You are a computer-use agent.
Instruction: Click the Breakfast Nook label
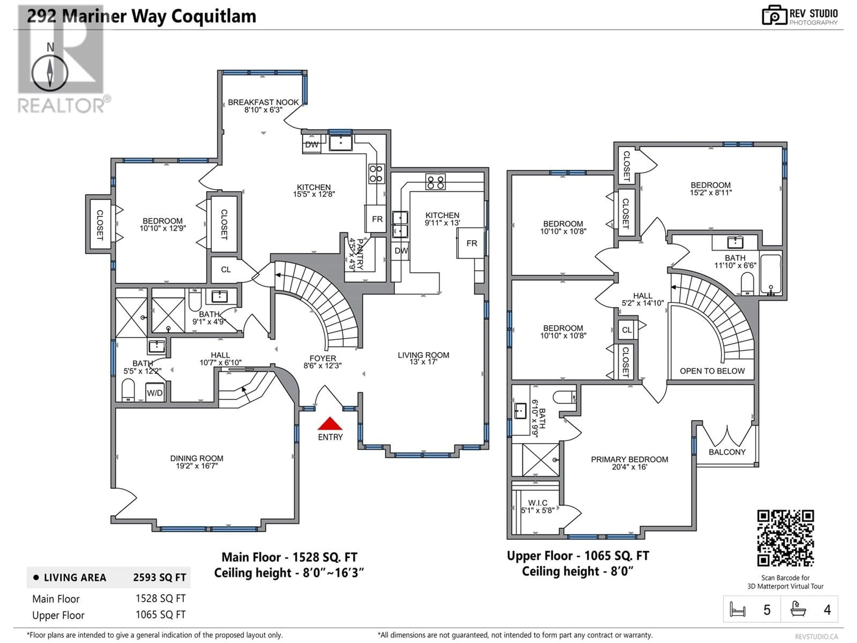pos(263,102)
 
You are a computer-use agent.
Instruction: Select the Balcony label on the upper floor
pos(727,452)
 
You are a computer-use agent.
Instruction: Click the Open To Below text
pos(712,371)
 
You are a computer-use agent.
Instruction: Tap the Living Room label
pos(423,355)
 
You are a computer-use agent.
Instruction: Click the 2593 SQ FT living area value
pos(160,578)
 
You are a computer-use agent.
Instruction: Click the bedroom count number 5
pos(767,610)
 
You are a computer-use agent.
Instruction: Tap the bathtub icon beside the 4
pos(798,609)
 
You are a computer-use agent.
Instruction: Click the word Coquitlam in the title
pos(214,16)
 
